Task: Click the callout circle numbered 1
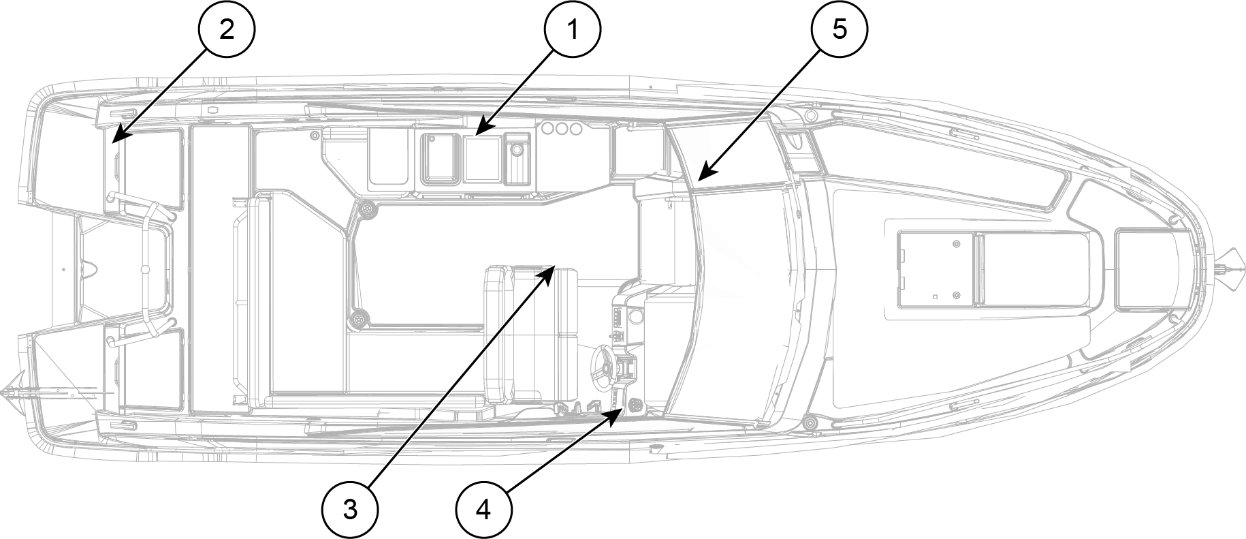[572, 30]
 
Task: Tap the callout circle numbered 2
[226, 30]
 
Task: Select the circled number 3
[350, 509]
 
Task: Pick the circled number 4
[483, 509]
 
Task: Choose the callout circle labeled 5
[840, 30]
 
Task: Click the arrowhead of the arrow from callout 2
[114, 140]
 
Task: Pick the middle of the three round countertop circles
[560, 129]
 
